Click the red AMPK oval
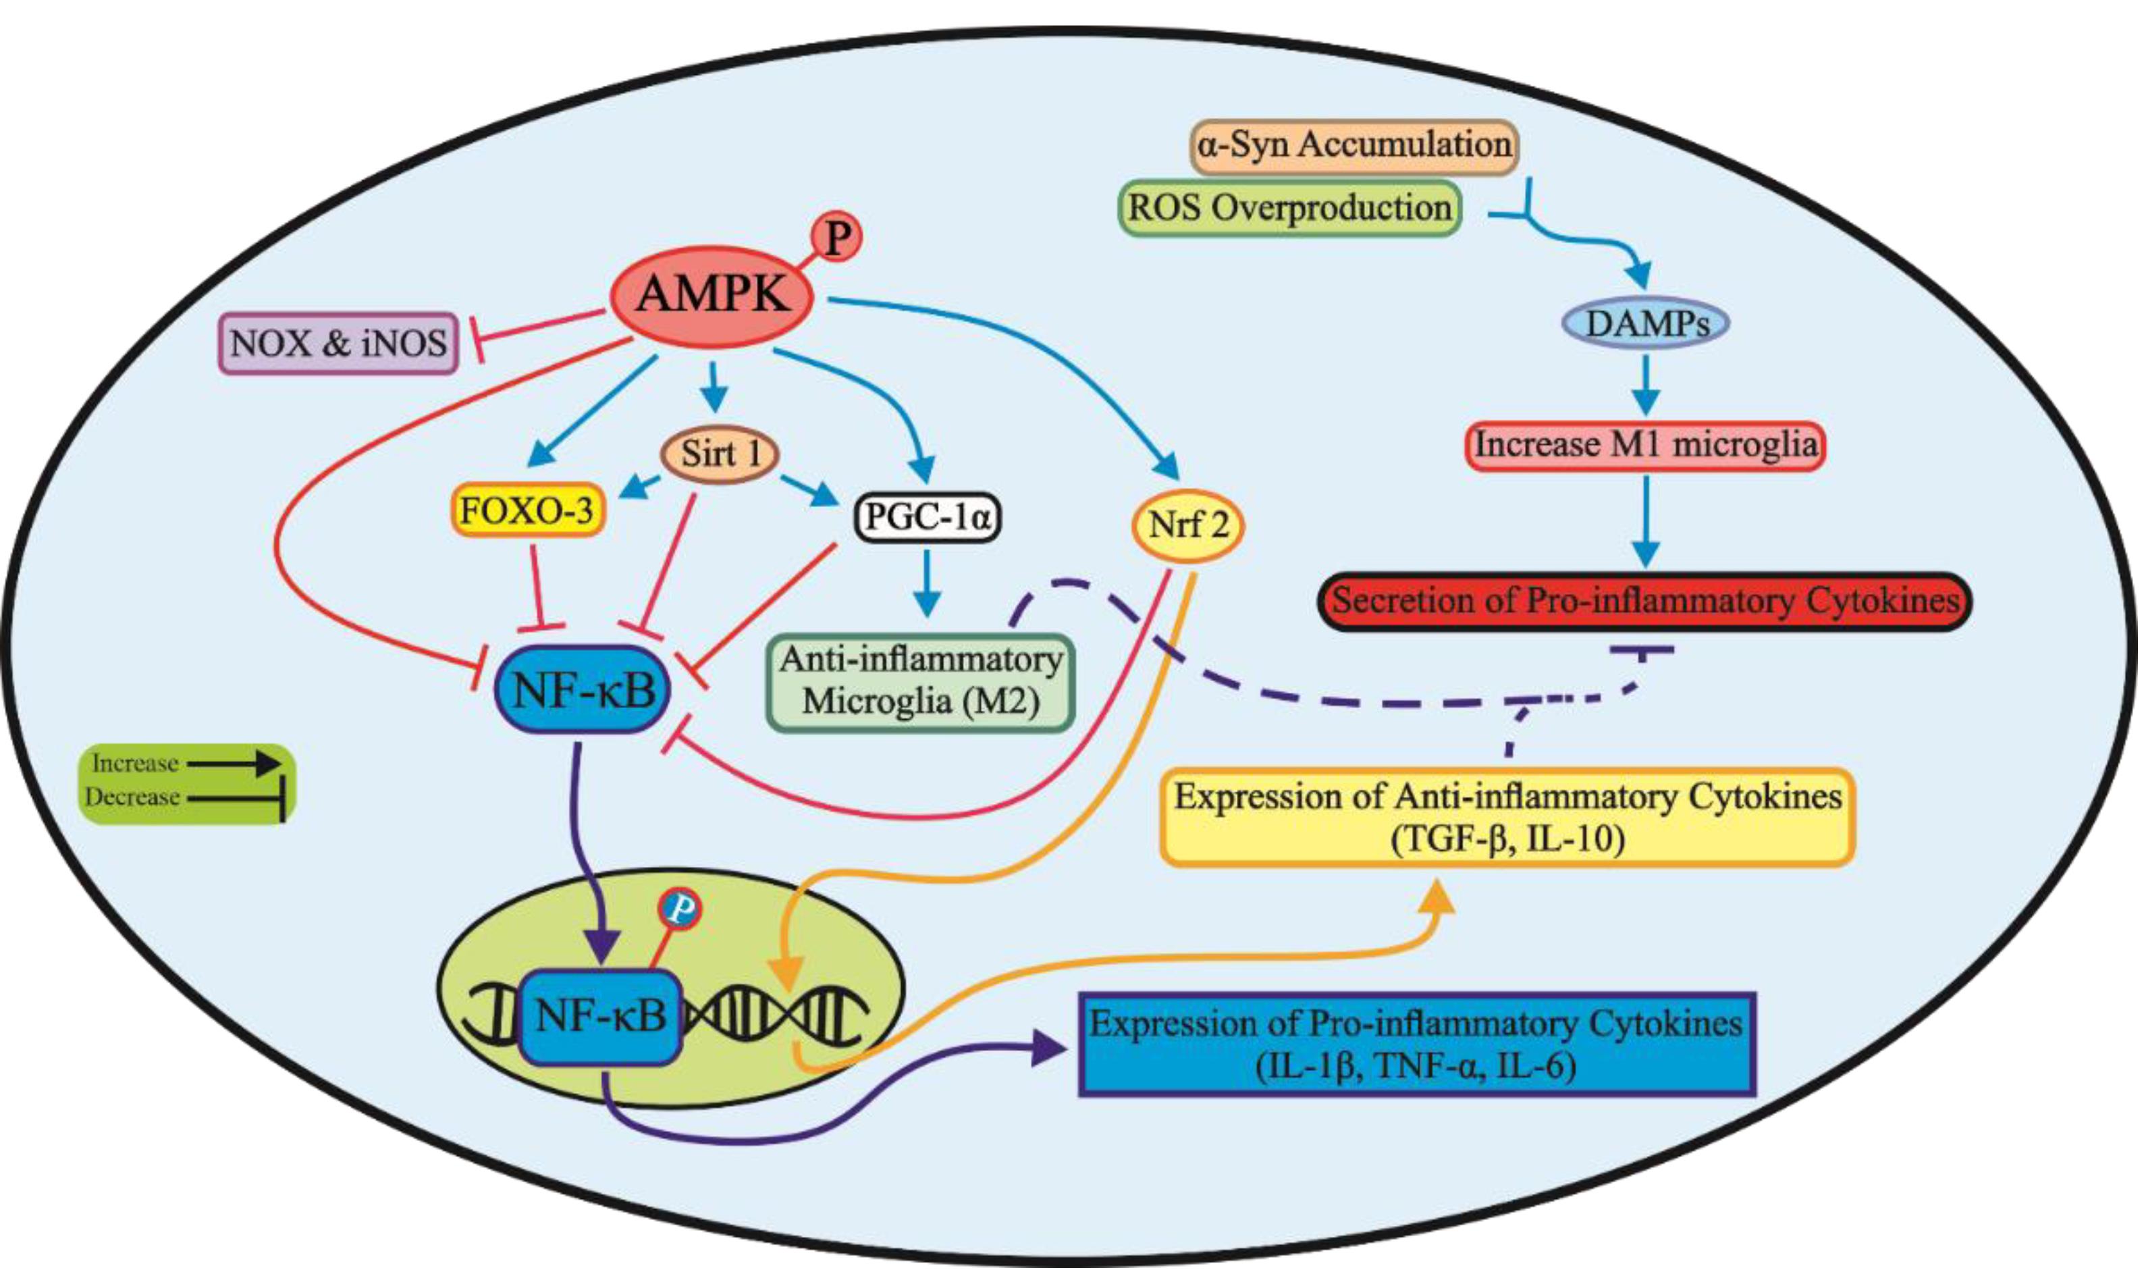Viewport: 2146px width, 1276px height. (712, 295)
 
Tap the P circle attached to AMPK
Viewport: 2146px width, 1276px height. (836, 238)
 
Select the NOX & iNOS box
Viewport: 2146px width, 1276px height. (338, 343)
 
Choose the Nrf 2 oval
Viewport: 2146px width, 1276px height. (1188, 525)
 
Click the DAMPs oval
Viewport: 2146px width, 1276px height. (1644, 323)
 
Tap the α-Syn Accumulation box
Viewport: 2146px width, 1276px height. (1354, 144)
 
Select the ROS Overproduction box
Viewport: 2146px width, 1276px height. (1289, 207)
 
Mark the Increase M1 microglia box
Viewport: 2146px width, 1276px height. (1644, 444)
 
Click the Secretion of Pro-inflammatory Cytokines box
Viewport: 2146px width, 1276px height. (1644, 601)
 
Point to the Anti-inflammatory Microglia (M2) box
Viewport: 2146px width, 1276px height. (921, 682)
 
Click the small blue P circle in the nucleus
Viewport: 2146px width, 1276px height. (679, 909)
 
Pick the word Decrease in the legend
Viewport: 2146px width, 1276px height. (132, 797)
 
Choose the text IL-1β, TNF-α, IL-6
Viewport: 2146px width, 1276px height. (1415, 1067)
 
